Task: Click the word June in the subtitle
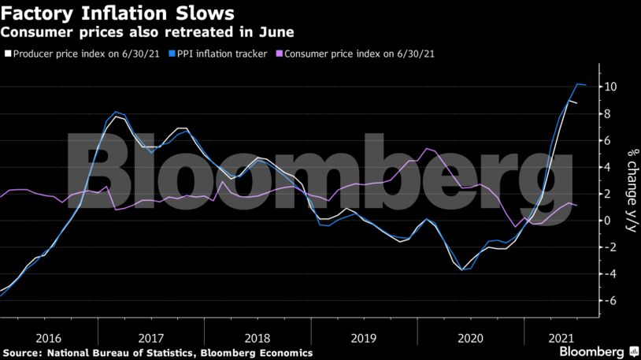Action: click(277, 32)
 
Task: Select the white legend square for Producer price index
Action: click(7, 54)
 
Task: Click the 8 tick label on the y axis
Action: click(608, 113)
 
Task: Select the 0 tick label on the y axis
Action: click(608, 221)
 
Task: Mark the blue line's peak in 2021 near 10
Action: click(578, 84)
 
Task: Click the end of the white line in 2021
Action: click(578, 103)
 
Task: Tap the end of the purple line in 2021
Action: click(578, 206)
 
